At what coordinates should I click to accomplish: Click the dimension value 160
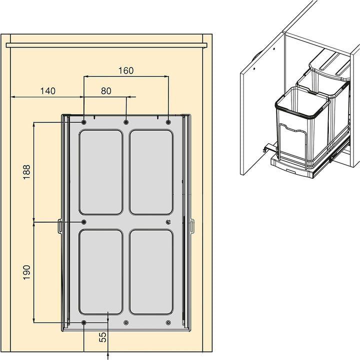coord(126,71)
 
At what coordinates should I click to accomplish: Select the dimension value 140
coord(48,91)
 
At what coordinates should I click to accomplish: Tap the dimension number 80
coord(106,91)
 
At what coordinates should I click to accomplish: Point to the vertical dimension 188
coord(26,172)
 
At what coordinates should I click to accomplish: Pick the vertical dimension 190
coord(26,272)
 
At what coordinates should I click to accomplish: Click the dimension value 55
coord(103,337)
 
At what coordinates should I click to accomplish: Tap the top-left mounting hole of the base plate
coord(84,122)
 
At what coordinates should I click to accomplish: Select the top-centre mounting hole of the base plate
coord(126,122)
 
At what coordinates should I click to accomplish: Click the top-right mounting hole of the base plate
coord(168,122)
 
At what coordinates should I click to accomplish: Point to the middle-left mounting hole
coord(84,222)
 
